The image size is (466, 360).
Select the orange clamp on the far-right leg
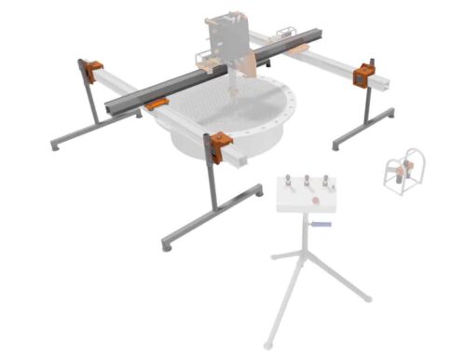pos(363,75)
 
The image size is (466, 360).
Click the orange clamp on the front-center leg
pos(219,146)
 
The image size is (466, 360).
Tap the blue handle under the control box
pos(322,226)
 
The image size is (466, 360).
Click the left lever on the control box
pos(287,182)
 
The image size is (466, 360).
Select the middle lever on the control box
pos(307,180)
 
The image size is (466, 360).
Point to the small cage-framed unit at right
pos(404,172)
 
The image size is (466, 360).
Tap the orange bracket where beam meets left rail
pos(155,104)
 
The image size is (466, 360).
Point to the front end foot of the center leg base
pos(166,246)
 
